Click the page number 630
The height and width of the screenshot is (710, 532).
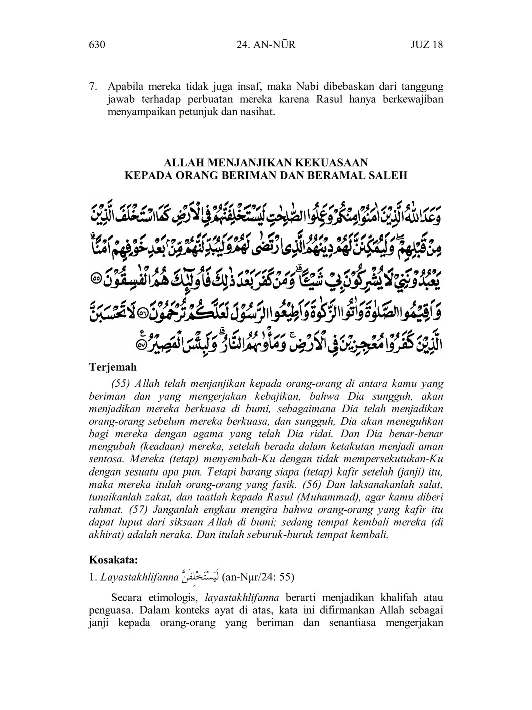(96, 45)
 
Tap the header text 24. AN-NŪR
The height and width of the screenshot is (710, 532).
(265, 45)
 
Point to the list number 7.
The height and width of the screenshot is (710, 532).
(93, 87)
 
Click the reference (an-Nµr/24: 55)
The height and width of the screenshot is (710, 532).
(257, 577)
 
